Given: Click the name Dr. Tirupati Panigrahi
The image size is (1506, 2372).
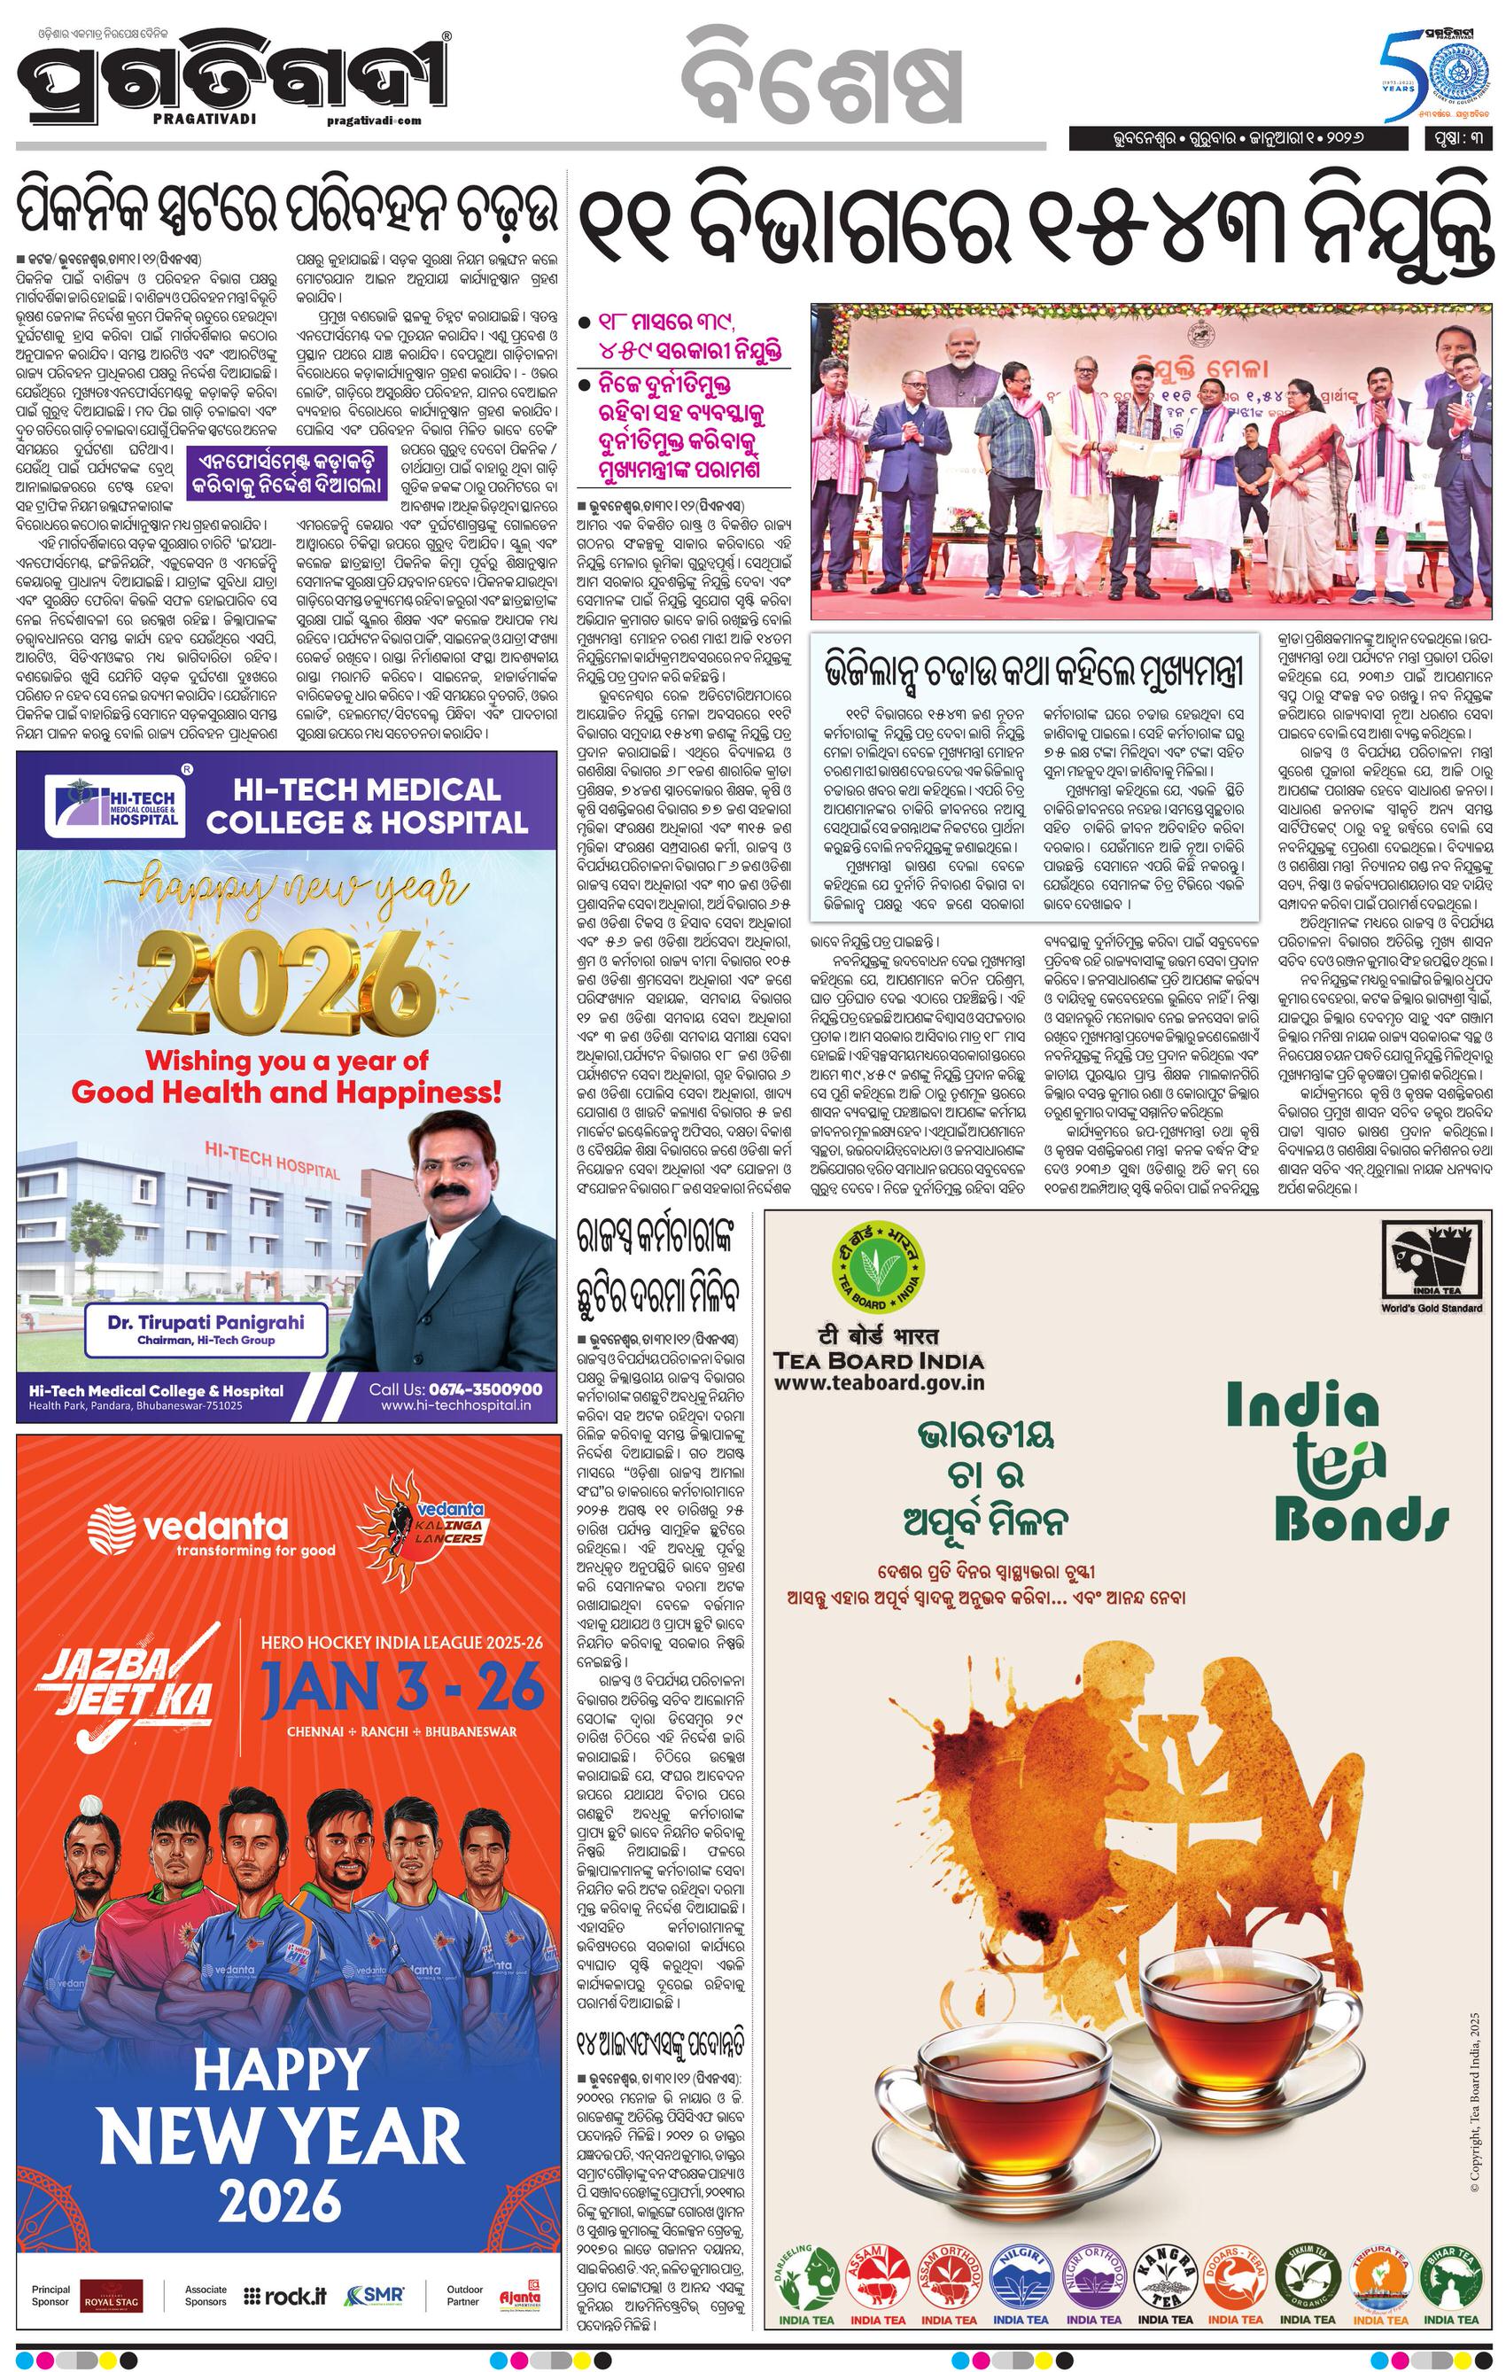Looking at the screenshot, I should click(206, 1322).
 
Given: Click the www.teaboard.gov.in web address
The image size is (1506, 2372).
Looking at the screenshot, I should click(880, 1382).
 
